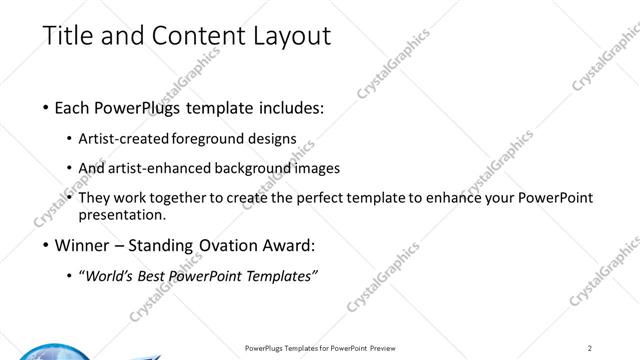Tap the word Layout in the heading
[291, 37]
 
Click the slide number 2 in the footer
[590, 347]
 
